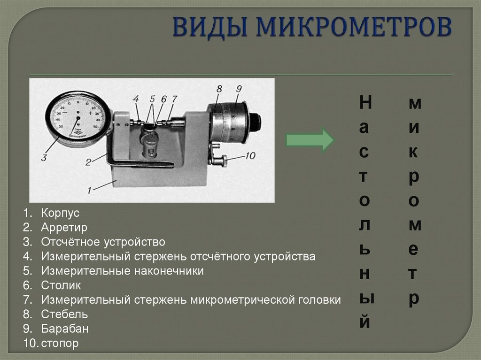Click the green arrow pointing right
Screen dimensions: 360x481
click(x=310, y=140)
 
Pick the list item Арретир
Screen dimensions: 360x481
click(x=64, y=228)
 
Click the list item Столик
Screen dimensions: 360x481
click(x=61, y=285)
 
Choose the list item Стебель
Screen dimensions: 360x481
click(x=64, y=314)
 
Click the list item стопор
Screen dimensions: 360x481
click(x=60, y=344)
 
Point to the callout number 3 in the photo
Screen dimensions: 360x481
click(x=44, y=158)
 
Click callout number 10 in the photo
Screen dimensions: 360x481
click(x=250, y=155)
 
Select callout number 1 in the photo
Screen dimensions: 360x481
click(x=88, y=190)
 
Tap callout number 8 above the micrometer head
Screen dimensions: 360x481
click(x=219, y=88)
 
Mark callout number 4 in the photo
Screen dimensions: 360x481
click(x=136, y=99)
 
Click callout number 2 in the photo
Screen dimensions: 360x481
click(x=88, y=162)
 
